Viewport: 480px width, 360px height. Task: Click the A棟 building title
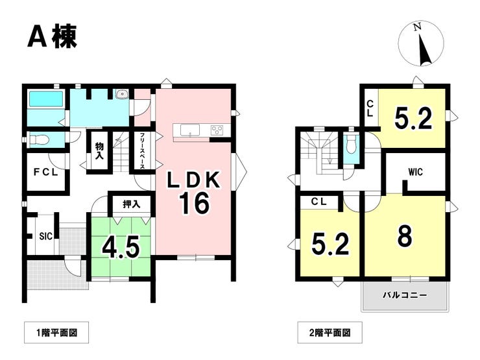[52, 36]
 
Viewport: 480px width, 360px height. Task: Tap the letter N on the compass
[417, 27]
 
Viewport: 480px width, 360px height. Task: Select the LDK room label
[193, 180]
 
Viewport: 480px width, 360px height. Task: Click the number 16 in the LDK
[195, 203]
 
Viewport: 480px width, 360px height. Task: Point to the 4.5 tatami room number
[121, 246]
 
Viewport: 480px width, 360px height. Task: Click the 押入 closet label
[132, 204]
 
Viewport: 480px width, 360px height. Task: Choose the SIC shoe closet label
[46, 236]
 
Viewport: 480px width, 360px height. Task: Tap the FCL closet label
[45, 173]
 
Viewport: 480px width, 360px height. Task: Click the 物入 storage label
[99, 150]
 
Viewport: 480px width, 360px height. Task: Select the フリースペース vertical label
[142, 151]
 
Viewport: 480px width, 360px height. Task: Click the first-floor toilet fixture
[39, 139]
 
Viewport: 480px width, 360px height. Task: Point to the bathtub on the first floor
[46, 99]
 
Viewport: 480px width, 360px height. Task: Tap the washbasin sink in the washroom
[123, 93]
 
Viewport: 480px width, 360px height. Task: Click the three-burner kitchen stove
[217, 130]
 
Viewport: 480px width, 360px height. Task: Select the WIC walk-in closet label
[415, 172]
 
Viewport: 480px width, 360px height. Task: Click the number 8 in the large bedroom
[405, 235]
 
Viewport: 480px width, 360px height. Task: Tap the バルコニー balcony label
[405, 295]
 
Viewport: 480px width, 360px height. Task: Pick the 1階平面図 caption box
[56, 333]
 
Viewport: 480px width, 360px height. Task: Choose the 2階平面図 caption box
[330, 333]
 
